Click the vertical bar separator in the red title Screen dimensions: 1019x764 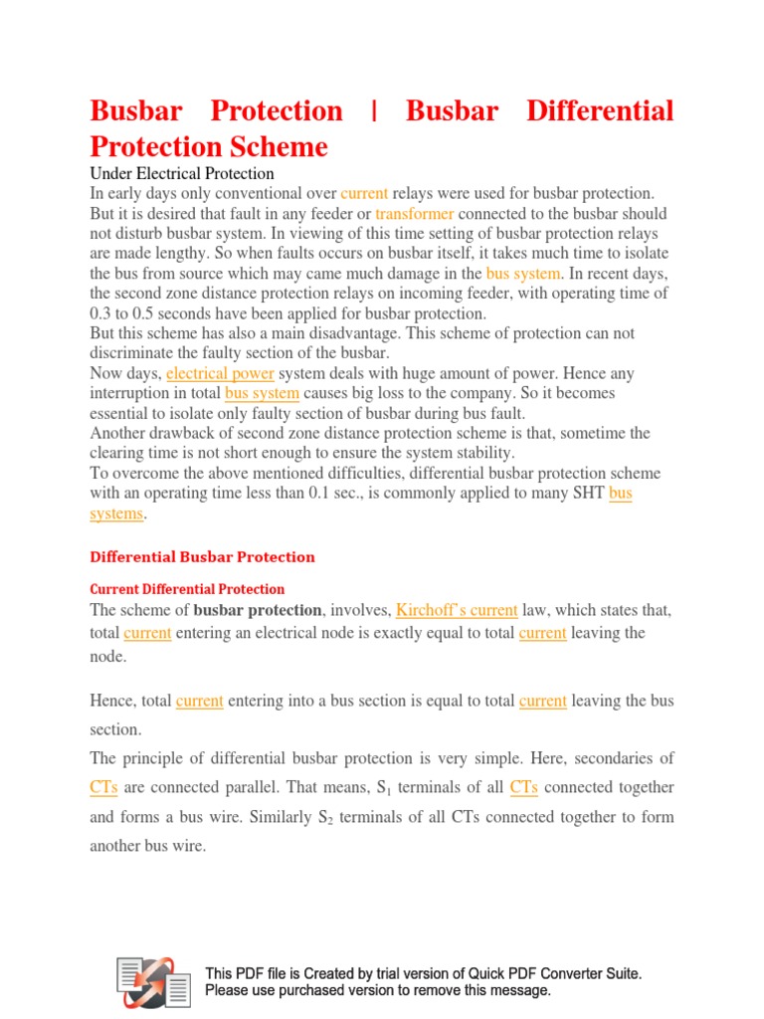(x=374, y=110)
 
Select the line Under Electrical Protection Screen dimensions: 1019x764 (x=182, y=173)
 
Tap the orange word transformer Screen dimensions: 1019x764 (x=415, y=213)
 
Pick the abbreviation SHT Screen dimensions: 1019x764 (x=584, y=494)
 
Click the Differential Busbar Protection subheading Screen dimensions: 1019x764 (x=203, y=557)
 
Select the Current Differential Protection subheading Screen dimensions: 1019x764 (x=187, y=589)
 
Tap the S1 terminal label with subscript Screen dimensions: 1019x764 (x=383, y=788)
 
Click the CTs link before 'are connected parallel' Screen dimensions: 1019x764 (x=103, y=787)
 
